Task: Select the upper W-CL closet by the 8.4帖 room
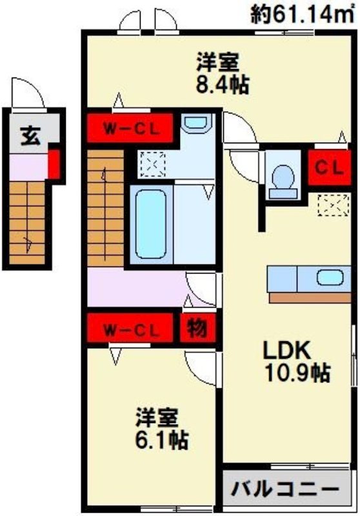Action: coord(131,127)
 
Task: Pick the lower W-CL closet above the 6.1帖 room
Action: coord(131,330)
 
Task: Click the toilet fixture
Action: coord(282,178)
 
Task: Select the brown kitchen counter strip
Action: coord(309,297)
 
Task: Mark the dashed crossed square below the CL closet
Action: coord(330,206)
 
